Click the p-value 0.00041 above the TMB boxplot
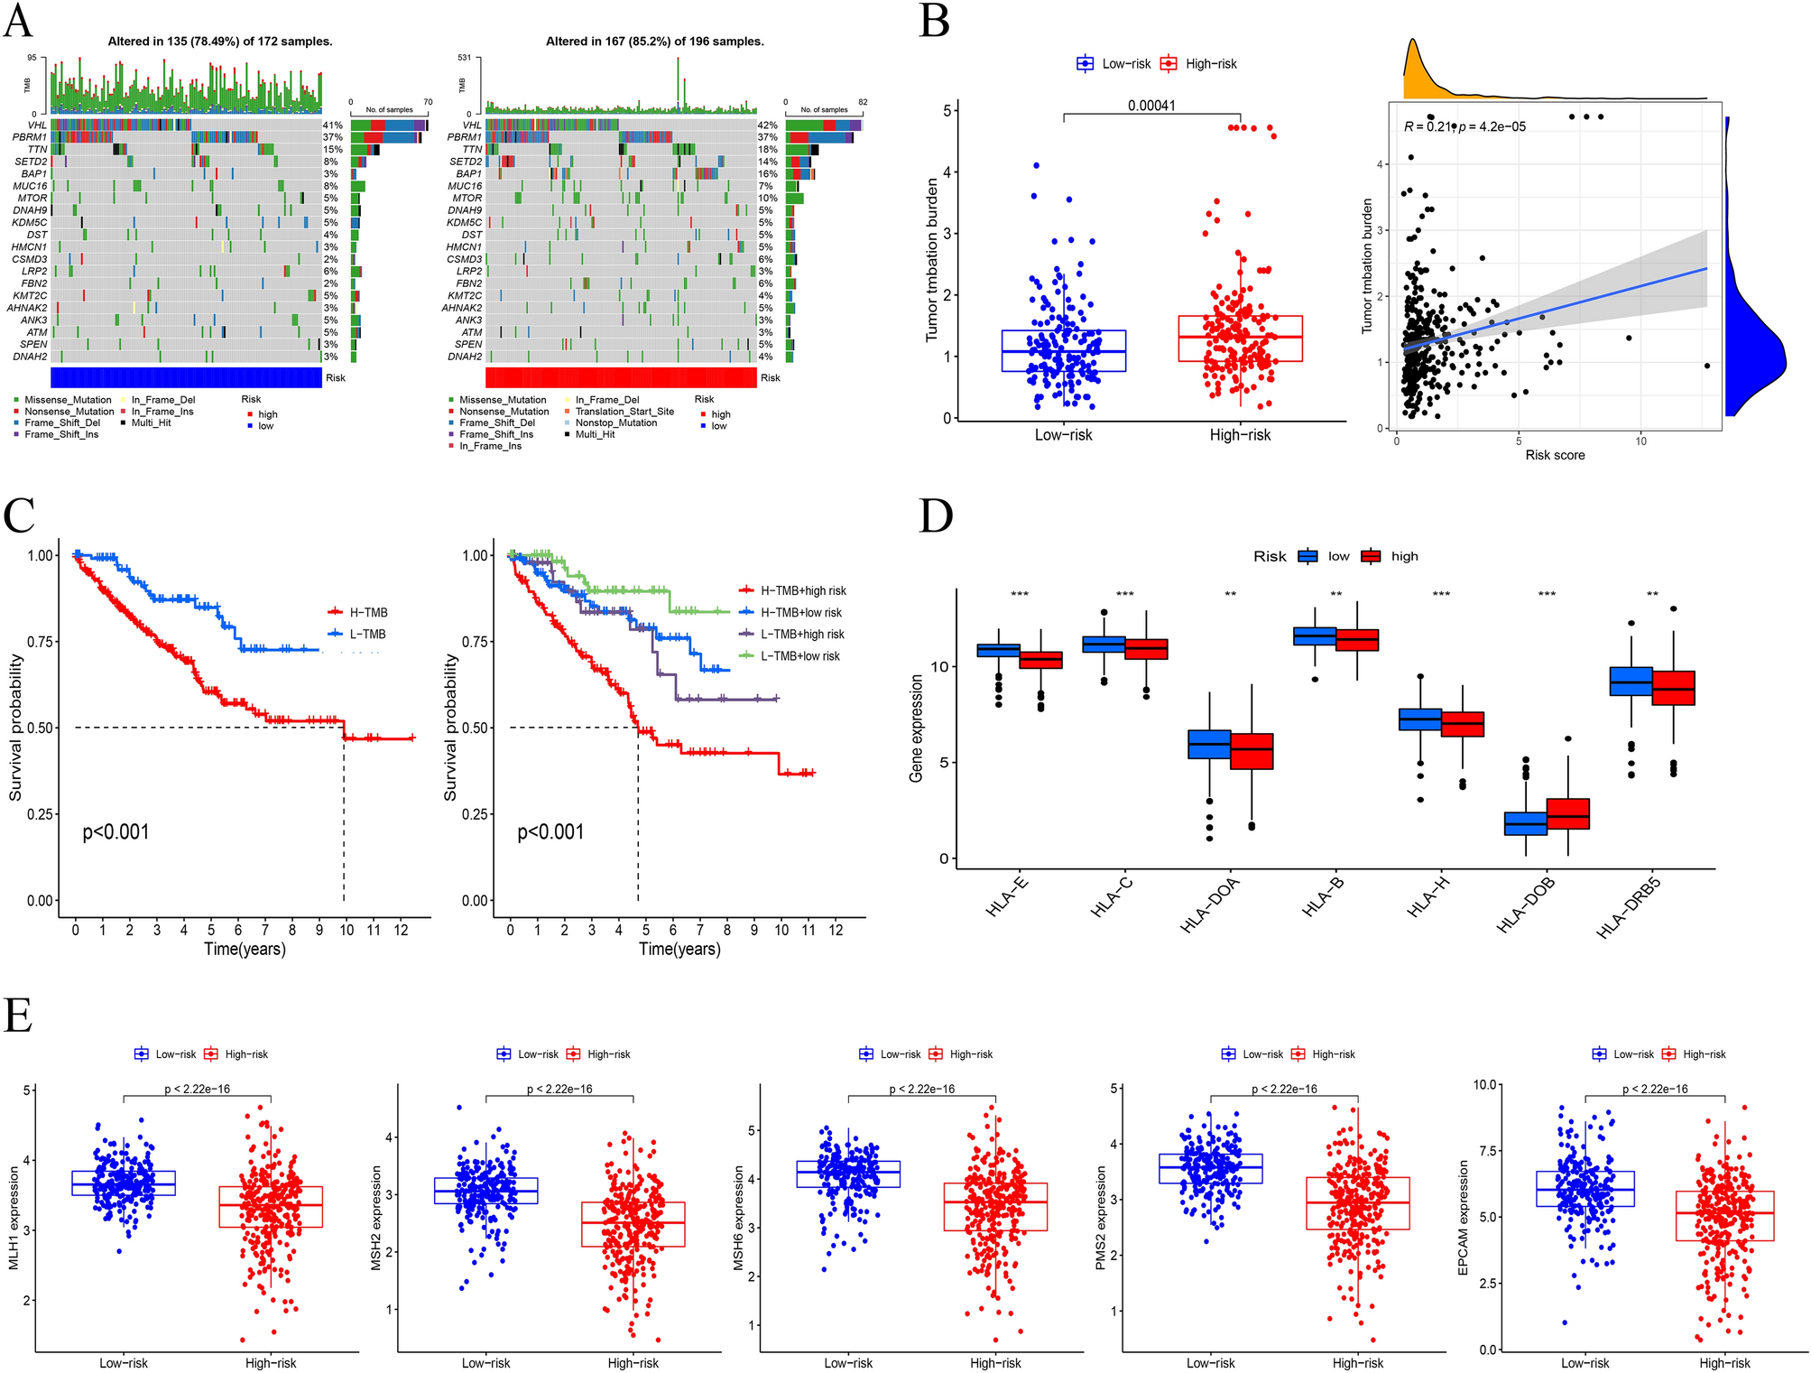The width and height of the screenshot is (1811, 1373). (x=1151, y=106)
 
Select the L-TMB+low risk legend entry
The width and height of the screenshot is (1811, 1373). (x=799, y=656)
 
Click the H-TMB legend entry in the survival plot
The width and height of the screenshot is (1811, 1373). (x=368, y=613)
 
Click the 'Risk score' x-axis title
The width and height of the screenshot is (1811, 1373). (x=1555, y=455)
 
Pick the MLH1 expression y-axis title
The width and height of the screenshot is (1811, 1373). (x=14, y=1218)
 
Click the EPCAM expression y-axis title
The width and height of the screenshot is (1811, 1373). (x=1463, y=1218)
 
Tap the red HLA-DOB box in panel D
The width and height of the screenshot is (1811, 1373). (x=1567, y=814)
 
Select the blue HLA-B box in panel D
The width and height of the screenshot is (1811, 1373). (x=1315, y=635)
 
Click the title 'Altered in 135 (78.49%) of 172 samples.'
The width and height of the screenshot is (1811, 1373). (x=220, y=42)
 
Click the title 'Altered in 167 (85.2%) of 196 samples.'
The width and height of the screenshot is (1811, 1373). (x=654, y=42)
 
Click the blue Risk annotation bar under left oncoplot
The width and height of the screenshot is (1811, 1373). (x=186, y=377)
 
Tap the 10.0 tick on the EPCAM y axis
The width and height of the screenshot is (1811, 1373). (x=1484, y=1084)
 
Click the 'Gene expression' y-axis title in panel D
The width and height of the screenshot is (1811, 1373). (x=917, y=728)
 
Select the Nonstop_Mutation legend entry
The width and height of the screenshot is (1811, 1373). (x=616, y=422)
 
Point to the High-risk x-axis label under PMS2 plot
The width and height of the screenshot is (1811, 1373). (x=1357, y=1363)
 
